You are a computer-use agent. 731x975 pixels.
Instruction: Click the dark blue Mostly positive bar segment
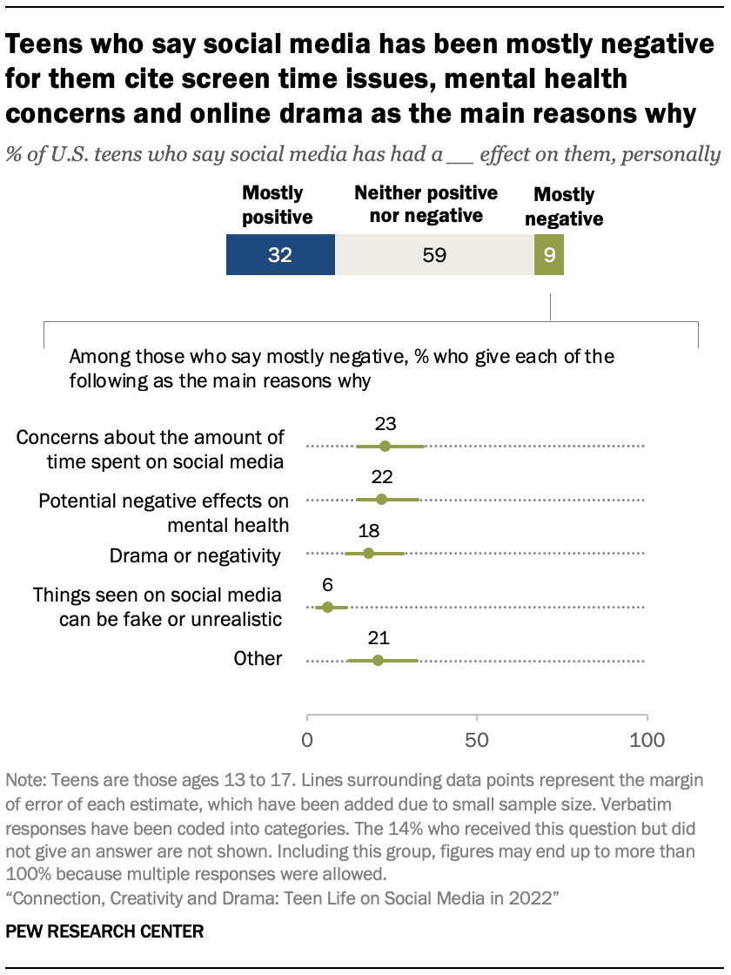[x=280, y=256]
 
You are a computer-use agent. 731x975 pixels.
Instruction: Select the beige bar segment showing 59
[x=434, y=256]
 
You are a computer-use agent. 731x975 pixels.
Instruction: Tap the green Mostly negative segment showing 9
[x=549, y=256]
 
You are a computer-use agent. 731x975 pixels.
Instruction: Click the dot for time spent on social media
[x=386, y=446]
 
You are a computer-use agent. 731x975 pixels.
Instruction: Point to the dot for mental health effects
[x=381, y=500]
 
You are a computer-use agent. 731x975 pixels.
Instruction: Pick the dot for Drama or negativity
[x=368, y=554]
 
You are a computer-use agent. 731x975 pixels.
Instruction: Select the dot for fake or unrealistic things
[x=327, y=607]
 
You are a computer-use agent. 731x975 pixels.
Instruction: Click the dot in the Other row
[x=378, y=661]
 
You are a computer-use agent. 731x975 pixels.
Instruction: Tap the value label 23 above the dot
[x=386, y=424]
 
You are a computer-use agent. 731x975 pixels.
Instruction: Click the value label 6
[x=327, y=585]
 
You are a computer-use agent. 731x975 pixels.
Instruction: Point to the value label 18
[x=368, y=532]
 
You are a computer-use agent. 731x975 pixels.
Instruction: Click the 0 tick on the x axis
[x=307, y=741]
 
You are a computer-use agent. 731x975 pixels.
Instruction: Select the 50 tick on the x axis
[x=477, y=741]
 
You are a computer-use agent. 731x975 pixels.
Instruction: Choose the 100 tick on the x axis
[x=647, y=741]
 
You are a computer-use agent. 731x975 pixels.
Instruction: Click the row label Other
[x=258, y=659]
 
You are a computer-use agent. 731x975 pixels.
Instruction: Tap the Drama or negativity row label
[x=195, y=555]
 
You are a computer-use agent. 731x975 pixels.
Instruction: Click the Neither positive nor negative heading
[x=426, y=204]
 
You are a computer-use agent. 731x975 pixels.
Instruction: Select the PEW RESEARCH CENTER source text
[x=104, y=931]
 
